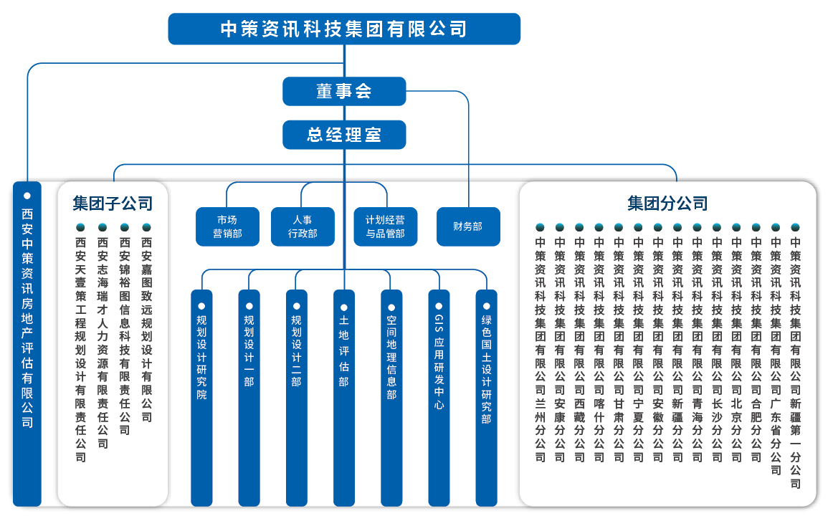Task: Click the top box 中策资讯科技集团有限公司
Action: (x=344, y=29)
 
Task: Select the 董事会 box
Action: (x=344, y=91)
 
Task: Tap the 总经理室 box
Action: (x=344, y=134)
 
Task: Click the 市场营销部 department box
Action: (x=227, y=226)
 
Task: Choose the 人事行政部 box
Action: (x=303, y=226)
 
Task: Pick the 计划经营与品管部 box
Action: (x=385, y=226)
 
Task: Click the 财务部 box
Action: (x=468, y=226)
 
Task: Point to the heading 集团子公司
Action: (x=113, y=204)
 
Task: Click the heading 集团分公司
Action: (x=667, y=204)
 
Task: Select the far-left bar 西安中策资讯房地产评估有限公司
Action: (x=27, y=344)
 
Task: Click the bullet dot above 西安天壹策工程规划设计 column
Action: (x=81, y=227)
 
